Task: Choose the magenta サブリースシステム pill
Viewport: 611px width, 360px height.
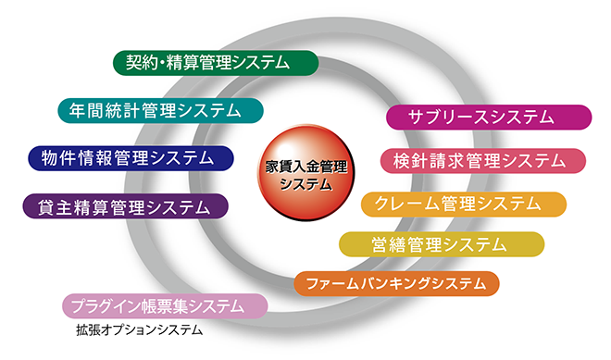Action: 488,117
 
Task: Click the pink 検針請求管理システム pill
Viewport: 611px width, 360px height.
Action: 483,160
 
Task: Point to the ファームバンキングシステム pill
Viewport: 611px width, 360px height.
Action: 396,283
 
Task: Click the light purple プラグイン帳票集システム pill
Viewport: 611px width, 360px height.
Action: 165,305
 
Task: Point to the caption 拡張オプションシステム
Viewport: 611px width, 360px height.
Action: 139,329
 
